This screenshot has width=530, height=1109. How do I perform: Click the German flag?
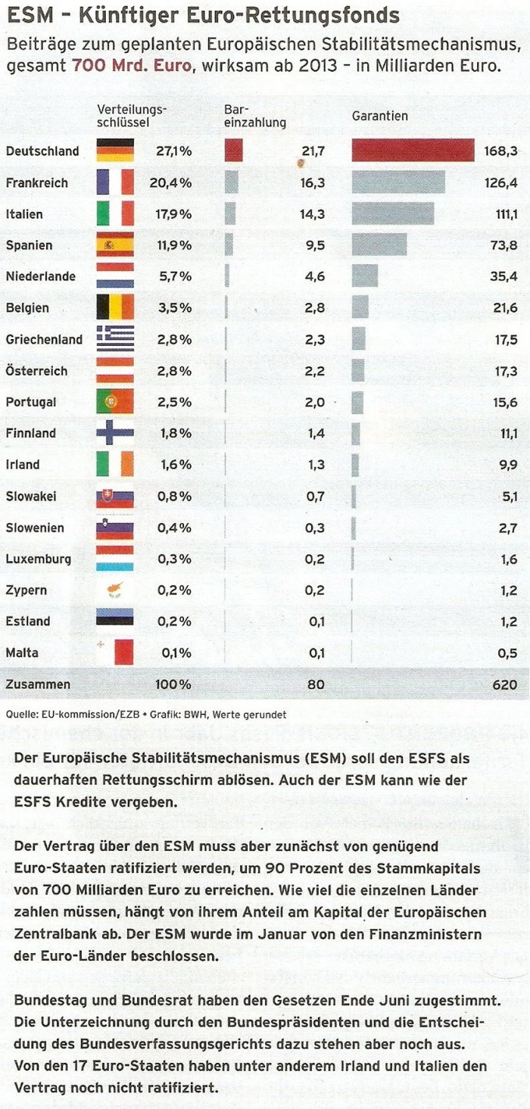[115, 151]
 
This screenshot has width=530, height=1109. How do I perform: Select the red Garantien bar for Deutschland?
[413, 151]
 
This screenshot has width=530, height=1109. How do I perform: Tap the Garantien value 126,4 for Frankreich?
[501, 182]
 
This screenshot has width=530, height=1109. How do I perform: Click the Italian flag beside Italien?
[115, 213]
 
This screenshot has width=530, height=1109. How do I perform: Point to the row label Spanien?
[29, 245]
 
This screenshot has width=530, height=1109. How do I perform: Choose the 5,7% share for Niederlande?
[174, 276]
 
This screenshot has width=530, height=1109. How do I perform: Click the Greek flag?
[115, 339]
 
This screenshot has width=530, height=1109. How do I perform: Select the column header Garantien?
[380, 116]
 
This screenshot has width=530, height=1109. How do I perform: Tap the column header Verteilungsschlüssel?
[132, 116]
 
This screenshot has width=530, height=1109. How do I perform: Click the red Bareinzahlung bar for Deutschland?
[233, 151]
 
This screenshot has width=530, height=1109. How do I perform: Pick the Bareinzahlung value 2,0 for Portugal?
[313, 402]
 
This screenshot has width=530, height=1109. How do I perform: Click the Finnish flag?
[115, 433]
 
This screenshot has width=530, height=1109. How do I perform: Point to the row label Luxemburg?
[38, 559]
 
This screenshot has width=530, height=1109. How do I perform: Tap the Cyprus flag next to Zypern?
[115, 590]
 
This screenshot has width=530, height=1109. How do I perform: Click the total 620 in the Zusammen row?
[504, 684]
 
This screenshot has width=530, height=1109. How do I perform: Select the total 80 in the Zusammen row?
[316, 684]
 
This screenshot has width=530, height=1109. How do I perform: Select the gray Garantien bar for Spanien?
[379, 245]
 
